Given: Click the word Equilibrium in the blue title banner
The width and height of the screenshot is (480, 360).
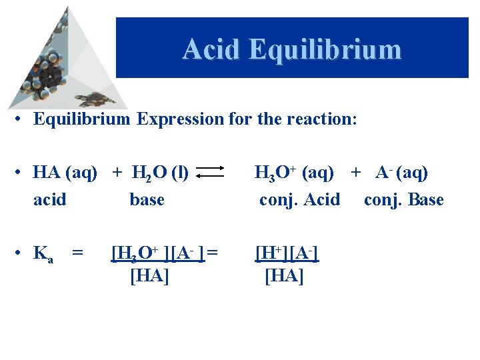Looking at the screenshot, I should [324, 49].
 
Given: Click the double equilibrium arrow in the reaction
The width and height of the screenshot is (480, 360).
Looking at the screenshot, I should [213, 173].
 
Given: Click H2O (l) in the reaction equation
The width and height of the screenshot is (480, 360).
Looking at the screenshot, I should [159, 173].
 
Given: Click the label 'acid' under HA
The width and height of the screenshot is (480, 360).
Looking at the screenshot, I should [50, 199].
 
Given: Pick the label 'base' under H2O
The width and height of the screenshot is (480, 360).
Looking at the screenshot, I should [147, 199].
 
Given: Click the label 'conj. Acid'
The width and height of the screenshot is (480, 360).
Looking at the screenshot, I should [299, 199].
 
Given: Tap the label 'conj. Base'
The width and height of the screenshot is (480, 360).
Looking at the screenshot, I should [403, 199].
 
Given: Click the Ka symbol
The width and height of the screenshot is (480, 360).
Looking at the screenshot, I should [43, 253].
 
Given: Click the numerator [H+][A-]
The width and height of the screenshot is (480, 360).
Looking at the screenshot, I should [287, 253].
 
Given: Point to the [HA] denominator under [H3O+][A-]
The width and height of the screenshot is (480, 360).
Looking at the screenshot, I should [149, 275].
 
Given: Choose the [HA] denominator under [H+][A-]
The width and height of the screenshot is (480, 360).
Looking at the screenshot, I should [284, 275].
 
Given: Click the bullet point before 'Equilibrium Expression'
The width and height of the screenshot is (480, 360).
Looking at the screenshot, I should [22, 120].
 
